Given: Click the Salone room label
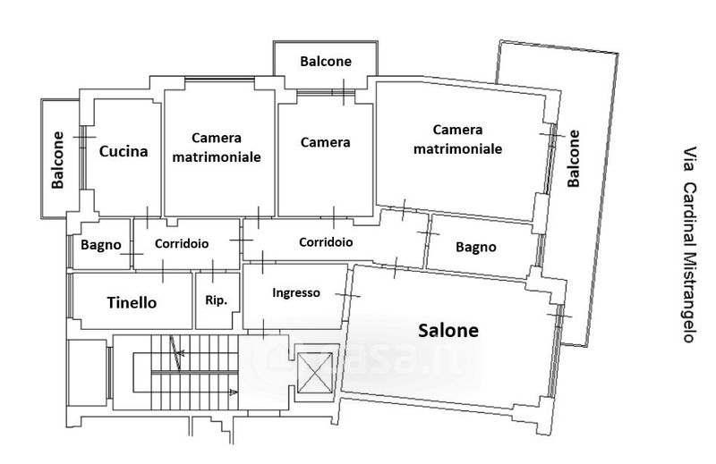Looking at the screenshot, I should [x=448, y=330].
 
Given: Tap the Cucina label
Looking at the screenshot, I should [x=124, y=151].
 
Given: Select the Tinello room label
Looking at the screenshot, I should [x=132, y=303].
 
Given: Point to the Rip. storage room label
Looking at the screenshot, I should [x=217, y=299].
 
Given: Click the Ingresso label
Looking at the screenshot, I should [x=295, y=292].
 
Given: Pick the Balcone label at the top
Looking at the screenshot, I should [x=326, y=62].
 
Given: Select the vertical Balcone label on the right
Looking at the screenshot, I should [x=574, y=159].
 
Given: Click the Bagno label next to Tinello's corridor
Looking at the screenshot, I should [x=100, y=244].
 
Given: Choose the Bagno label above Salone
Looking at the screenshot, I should [x=475, y=247].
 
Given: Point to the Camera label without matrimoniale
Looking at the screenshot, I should [x=325, y=142].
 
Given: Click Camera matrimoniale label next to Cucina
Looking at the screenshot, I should [x=216, y=147].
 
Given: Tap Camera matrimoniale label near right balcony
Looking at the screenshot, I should [x=456, y=139].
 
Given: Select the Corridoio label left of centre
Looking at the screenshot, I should [x=182, y=243].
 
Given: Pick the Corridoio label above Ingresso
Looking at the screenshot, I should [x=325, y=242].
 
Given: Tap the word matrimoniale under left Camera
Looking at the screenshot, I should [x=216, y=156].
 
